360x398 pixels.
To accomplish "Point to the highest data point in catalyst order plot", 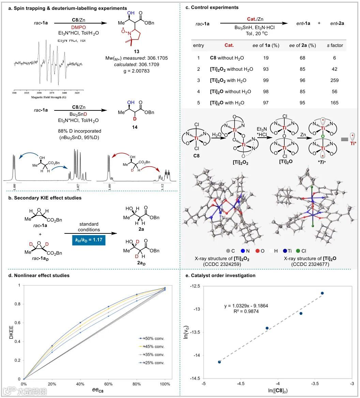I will (322, 293).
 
